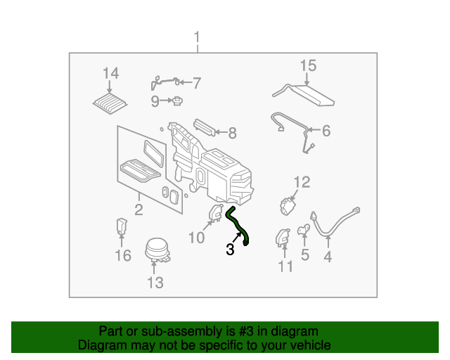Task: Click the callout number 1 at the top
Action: (197, 37)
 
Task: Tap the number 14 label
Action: (110, 73)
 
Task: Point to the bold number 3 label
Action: (230, 250)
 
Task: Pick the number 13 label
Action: (155, 283)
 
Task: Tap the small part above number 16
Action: (122, 227)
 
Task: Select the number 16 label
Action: (123, 256)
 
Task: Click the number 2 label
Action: (139, 210)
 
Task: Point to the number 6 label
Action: (326, 130)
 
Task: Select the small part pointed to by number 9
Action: (179, 101)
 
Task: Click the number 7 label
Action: (197, 83)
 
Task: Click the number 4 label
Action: (327, 257)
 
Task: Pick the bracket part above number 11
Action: (283, 238)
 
